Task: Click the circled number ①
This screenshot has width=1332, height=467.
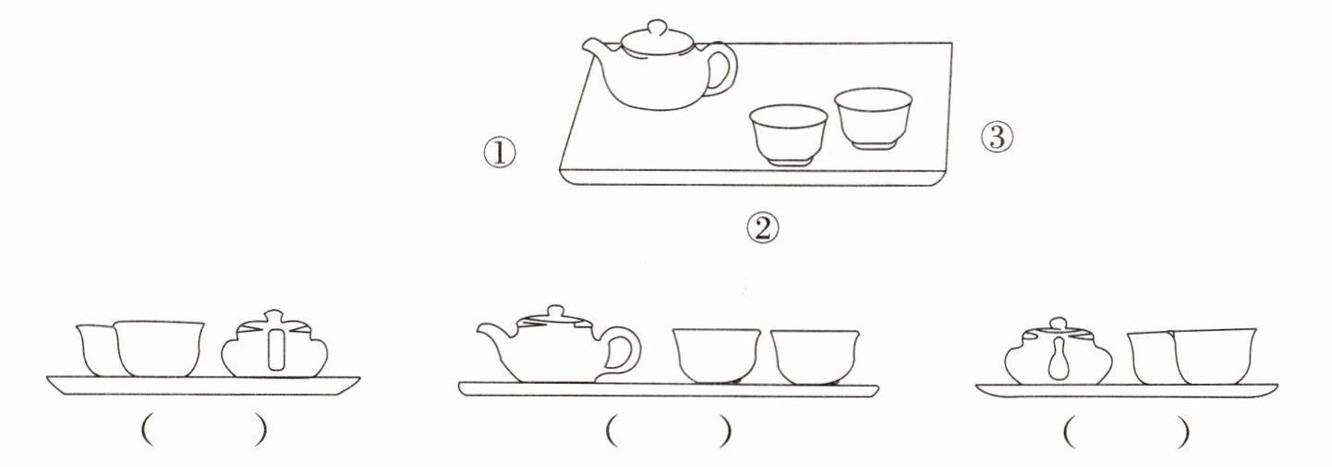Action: [499, 154]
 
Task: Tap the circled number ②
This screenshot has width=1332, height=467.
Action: [763, 228]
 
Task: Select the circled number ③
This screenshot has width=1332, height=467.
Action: [998, 138]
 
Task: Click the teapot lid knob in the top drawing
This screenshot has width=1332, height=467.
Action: [657, 28]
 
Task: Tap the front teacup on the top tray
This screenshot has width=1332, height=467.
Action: [788, 135]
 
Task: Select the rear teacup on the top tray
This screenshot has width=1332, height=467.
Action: [873, 118]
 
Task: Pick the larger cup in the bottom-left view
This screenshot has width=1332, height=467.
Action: [159, 349]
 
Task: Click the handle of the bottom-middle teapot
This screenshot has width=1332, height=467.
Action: [624, 352]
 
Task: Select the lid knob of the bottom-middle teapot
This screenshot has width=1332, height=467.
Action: [555, 313]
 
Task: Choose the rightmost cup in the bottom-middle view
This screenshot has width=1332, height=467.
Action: [816, 357]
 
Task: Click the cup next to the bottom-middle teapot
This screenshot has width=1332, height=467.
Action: [717, 356]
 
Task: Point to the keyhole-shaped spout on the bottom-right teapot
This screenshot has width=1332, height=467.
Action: [1059, 358]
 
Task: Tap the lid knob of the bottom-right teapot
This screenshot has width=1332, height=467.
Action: [1058, 325]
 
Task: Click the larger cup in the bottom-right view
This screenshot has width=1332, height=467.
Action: [1214, 356]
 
